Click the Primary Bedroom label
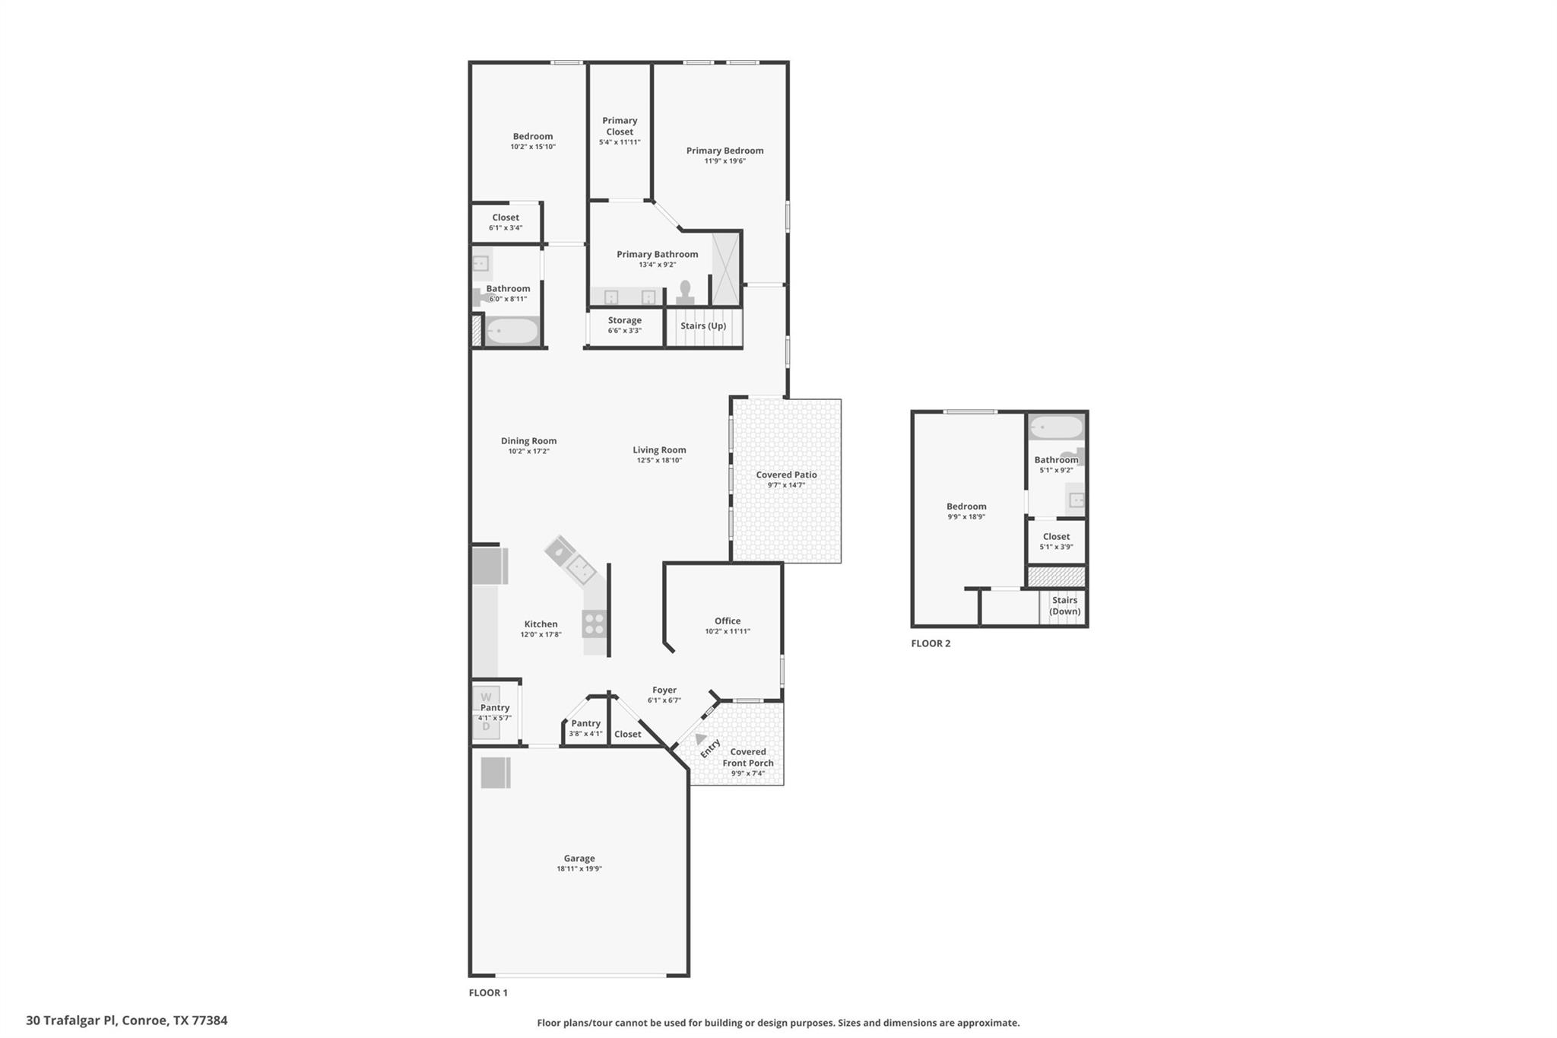[725, 151]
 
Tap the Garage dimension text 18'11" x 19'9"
[579, 868]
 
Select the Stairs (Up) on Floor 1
[703, 326]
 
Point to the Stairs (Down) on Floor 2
[1064, 606]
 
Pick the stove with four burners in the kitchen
[595, 624]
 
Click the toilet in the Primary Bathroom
[685, 292]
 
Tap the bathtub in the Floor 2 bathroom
[1056, 427]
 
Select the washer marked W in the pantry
[486, 697]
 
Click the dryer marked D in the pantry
[486, 727]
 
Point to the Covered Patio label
[786, 475]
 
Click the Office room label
[728, 621]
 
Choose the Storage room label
[624, 320]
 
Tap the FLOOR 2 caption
[931, 643]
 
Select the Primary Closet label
[620, 126]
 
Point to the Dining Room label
[528, 440]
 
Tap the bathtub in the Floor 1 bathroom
[511, 332]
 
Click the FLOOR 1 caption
[488, 992]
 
